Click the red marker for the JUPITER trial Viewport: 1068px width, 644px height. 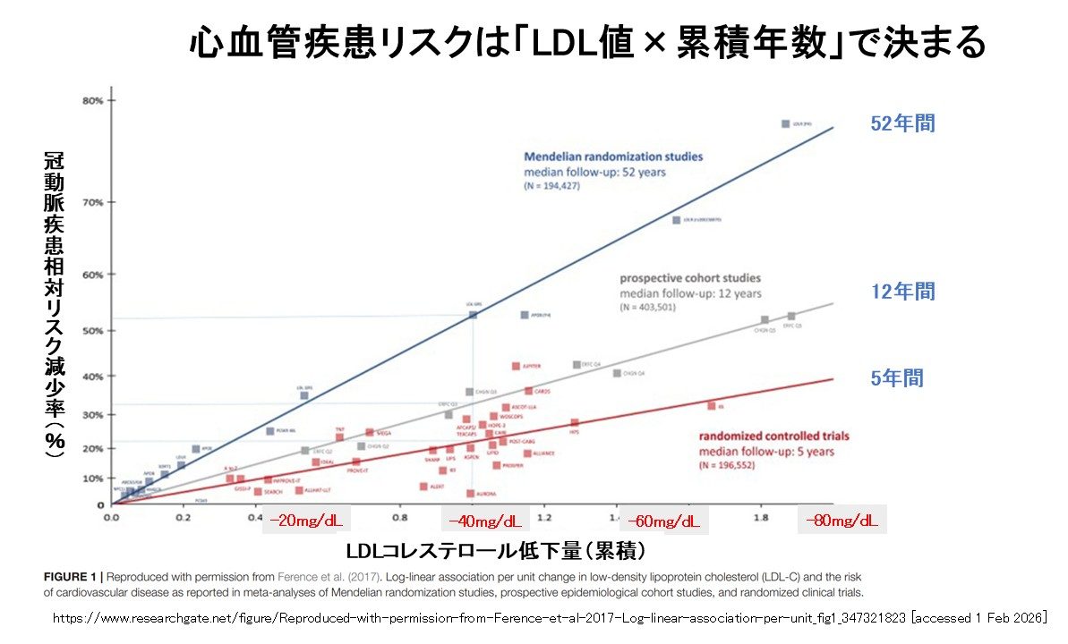click(516, 366)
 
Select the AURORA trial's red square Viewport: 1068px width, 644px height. click(470, 493)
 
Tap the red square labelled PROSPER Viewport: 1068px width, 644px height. click(496, 465)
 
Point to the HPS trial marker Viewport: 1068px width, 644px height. click(575, 423)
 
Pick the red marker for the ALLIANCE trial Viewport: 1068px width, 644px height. click(527, 453)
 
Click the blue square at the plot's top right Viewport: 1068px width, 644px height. click(785, 124)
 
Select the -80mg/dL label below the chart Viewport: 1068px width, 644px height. click(842, 520)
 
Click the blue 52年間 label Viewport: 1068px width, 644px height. click(902, 124)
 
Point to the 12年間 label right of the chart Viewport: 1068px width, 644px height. click(902, 292)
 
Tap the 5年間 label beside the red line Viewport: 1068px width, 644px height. click(897, 378)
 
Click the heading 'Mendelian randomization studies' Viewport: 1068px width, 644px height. click(613, 157)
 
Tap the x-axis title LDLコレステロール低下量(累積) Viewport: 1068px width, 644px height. click(495, 547)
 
